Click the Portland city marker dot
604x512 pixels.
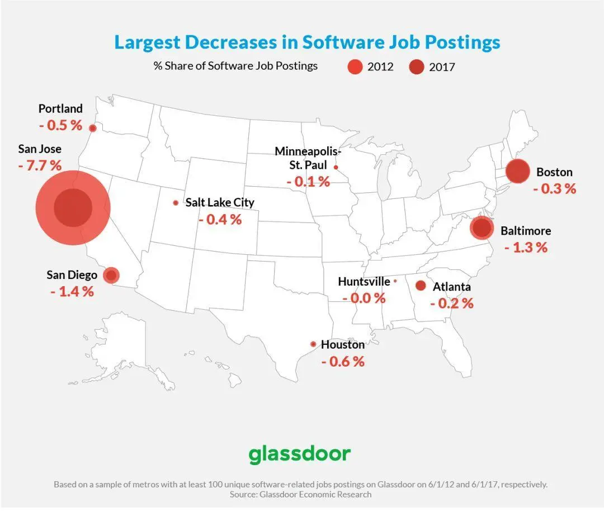(x=93, y=128)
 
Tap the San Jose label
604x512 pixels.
(x=40, y=149)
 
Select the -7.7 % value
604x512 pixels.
(x=39, y=165)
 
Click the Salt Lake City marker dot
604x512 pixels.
(x=176, y=203)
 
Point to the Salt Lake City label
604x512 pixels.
(x=220, y=202)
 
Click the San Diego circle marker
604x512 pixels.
(x=111, y=275)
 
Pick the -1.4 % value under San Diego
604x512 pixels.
(x=72, y=291)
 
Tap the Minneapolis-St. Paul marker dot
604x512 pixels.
(x=336, y=167)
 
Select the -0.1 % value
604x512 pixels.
(x=308, y=182)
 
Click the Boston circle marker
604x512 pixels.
(x=517, y=171)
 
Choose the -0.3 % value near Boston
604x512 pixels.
(x=554, y=188)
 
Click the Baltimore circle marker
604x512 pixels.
(x=481, y=229)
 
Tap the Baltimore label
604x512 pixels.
(x=526, y=231)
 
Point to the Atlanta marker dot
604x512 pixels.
(x=421, y=286)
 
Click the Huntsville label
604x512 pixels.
(x=364, y=282)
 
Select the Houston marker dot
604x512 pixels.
(x=313, y=344)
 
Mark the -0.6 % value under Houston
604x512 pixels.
(x=343, y=362)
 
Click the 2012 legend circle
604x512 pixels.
(x=355, y=67)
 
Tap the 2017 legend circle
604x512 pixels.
(x=417, y=67)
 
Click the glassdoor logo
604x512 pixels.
(x=299, y=453)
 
